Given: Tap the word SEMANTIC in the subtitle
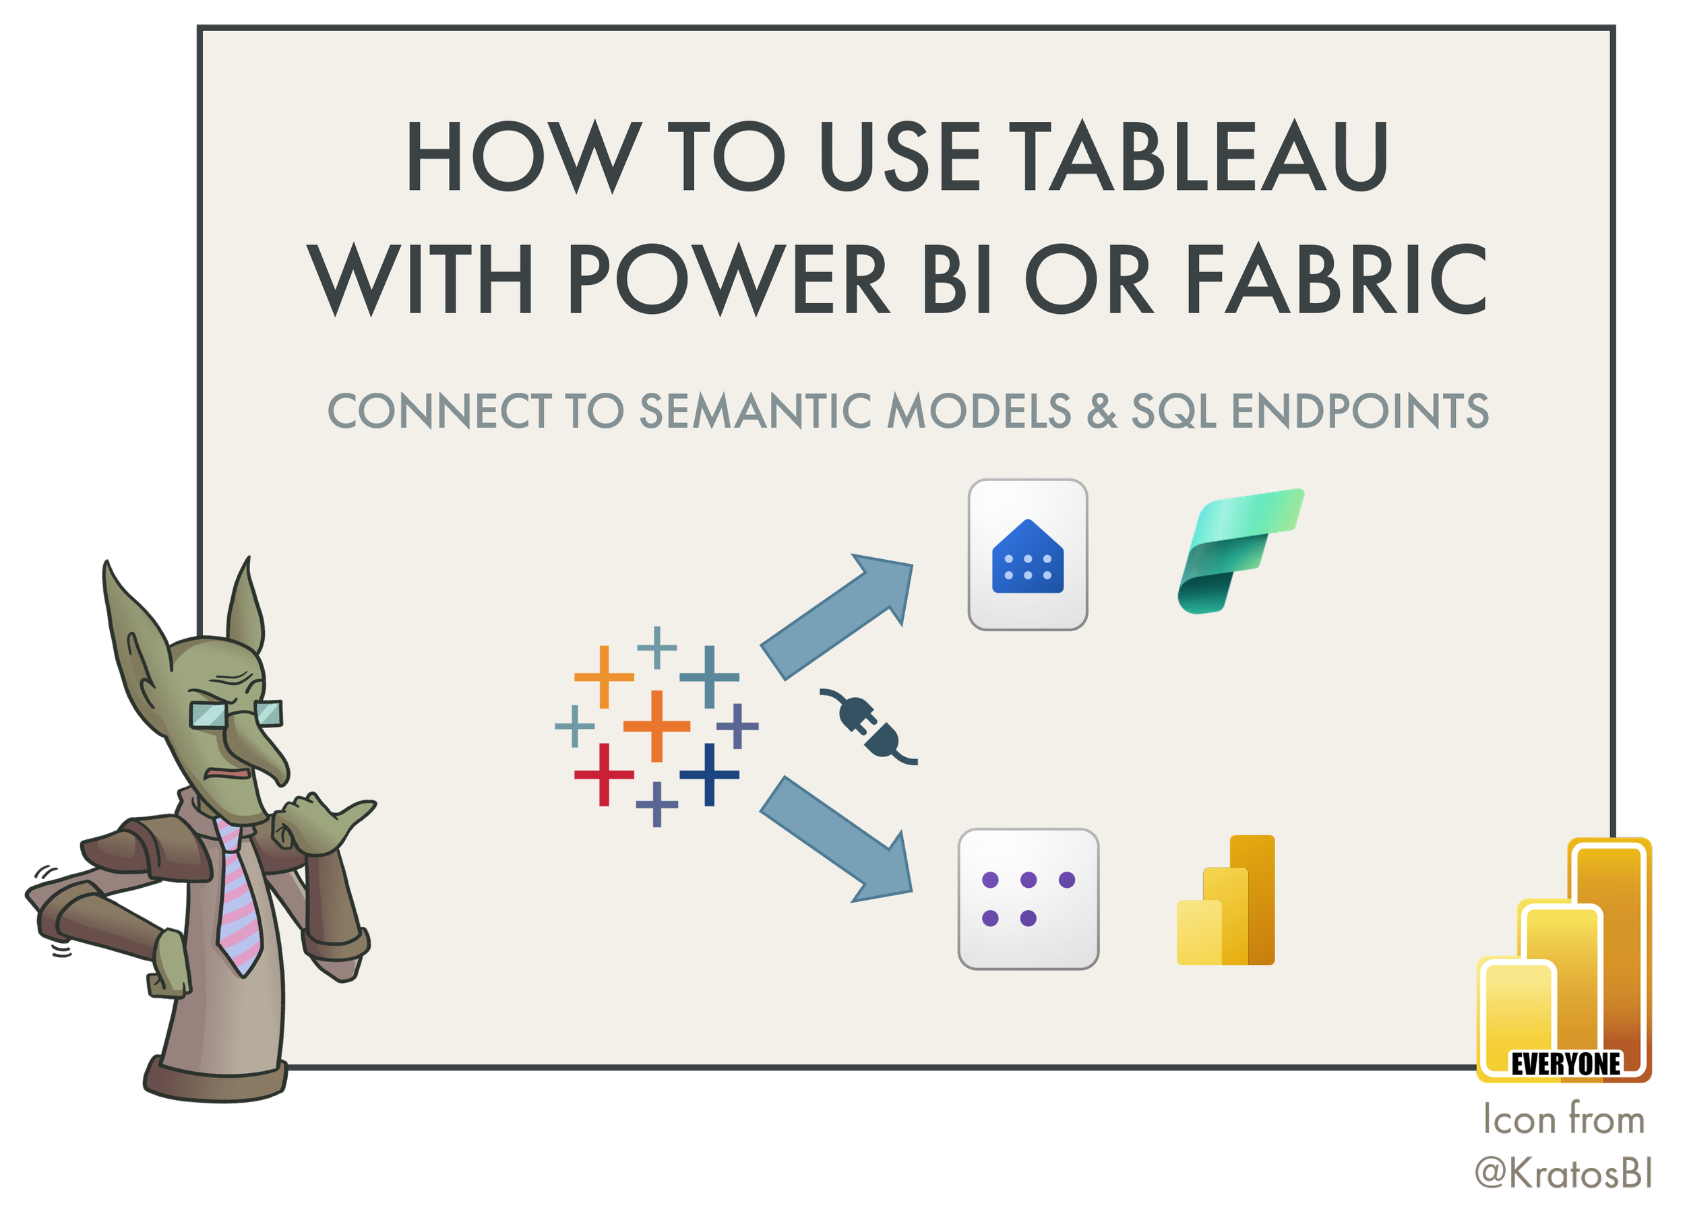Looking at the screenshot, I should pyautogui.click(x=756, y=411).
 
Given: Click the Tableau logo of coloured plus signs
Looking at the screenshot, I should pyautogui.click(x=656, y=726).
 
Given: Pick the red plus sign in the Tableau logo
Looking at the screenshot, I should pyautogui.click(x=604, y=775).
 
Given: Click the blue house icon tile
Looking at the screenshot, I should pyautogui.click(x=1028, y=555).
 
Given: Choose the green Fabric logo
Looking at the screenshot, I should pyautogui.click(x=1239, y=550).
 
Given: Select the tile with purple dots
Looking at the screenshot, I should pyautogui.click(x=1029, y=899).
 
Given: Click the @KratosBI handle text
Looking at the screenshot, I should pyautogui.click(x=1564, y=1173).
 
